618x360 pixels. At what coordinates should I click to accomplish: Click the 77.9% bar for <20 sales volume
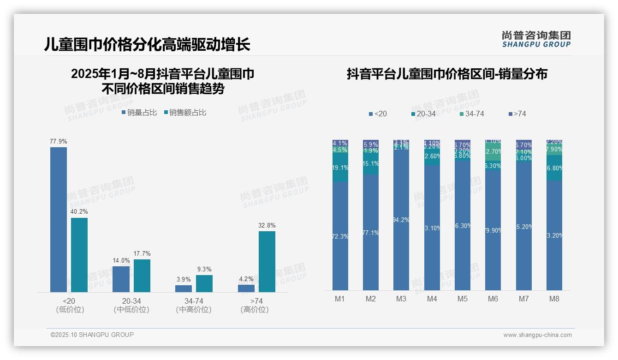(59, 219)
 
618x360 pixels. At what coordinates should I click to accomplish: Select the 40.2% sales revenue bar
(79, 255)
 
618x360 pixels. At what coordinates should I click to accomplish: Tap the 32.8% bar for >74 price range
(267, 261)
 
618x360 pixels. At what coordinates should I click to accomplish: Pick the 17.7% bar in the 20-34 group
(142, 276)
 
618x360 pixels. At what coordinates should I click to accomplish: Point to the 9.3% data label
(204, 269)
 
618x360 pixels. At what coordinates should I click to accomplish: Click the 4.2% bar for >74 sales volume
(246, 288)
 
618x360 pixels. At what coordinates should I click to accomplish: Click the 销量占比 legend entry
(139, 112)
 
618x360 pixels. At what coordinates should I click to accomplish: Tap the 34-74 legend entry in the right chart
(471, 114)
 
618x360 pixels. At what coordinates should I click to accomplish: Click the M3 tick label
(401, 299)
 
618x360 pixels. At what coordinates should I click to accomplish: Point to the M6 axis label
(493, 299)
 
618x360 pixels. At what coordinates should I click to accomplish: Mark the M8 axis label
(554, 299)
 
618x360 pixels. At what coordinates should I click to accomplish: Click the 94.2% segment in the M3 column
(401, 219)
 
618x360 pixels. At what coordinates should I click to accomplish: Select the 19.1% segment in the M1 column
(340, 168)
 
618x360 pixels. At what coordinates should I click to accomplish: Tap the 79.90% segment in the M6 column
(493, 230)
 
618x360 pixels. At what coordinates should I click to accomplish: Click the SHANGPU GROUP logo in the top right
(536, 39)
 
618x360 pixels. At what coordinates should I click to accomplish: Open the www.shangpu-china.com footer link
(537, 335)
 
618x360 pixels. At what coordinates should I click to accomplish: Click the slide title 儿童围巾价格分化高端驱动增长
(147, 45)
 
